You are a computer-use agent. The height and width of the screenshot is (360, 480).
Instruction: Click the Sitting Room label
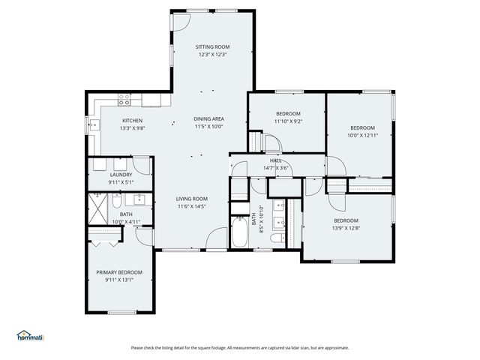(212, 46)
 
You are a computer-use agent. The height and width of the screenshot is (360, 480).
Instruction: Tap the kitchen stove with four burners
(125, 98)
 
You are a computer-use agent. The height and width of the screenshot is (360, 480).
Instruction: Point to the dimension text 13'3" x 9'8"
(133, 128)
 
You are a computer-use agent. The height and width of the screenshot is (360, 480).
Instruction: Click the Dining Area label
(208, 118)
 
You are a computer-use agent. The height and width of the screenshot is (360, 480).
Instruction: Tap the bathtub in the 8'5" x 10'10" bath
(239, 232)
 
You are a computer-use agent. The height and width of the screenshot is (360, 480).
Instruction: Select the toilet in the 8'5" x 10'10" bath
(277, 238)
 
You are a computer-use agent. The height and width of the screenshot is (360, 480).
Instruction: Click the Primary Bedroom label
(118, 272)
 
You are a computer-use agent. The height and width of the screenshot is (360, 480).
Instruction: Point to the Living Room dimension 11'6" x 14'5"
(192, 206)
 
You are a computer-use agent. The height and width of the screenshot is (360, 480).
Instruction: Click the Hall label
(276, 160)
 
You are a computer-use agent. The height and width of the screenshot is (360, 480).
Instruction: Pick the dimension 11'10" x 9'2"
(287, 121)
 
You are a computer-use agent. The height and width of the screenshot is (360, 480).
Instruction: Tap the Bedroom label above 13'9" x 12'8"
(346, 220)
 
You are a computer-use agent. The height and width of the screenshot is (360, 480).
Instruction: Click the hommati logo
(30, 336)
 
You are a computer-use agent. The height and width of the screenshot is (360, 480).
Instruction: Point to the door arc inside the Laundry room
(119, 166)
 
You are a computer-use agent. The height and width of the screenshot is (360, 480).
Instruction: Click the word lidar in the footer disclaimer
(298, 347)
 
